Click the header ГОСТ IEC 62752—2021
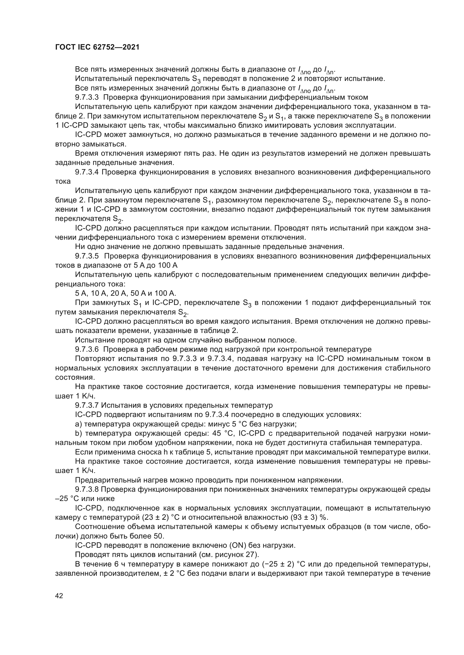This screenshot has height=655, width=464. coord(97,47)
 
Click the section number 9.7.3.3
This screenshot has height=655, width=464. coord(87,97)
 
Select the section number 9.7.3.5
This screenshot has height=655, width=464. coord(87,256)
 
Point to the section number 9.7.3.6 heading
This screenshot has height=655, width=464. coord(87,349)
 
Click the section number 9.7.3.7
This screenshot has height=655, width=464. coord(87,405)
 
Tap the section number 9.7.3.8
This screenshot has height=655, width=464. coord(87,489)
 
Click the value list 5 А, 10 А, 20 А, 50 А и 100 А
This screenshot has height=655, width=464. coord(126,293)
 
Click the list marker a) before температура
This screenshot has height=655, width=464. coord(79,424)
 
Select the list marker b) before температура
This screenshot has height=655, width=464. coord(79,433)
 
